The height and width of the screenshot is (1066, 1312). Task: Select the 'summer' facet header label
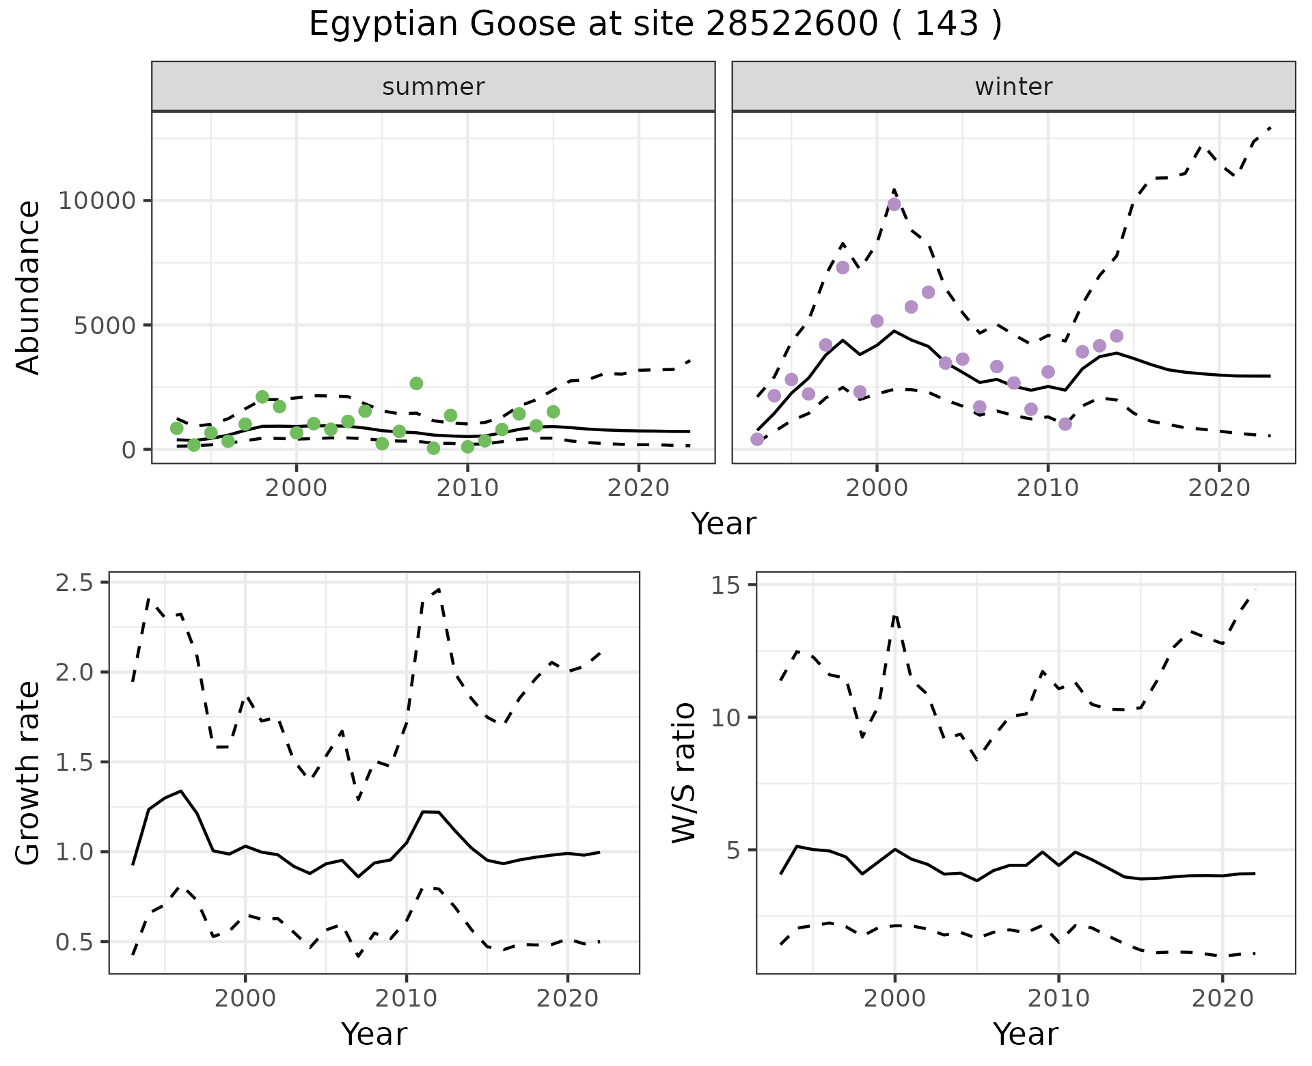pos(433,87)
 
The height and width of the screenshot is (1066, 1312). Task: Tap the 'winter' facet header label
pos(1013,87)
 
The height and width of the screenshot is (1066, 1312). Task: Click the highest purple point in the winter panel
pos(894,204)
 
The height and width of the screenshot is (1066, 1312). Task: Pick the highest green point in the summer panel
pos(416,383)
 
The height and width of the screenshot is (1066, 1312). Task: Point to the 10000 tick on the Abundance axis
pos(97,201)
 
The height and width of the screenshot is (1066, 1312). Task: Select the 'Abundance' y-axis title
pos(29,288)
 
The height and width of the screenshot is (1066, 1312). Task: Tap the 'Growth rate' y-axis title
pos(29,773)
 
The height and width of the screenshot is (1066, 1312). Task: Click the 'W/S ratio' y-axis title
pos(683,773)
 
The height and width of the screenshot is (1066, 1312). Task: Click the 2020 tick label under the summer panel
pos(638,489)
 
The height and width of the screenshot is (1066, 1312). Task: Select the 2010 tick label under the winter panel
pos(1048,489)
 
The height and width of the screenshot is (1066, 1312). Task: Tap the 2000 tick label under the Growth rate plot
pos(245,998)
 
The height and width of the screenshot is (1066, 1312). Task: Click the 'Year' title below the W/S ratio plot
pos(1025,1034)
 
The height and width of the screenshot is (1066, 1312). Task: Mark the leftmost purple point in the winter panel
pos(757,439)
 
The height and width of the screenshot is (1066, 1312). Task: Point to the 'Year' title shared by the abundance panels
pos(724,524)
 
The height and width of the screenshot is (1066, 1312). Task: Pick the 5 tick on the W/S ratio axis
pos(739,851)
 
